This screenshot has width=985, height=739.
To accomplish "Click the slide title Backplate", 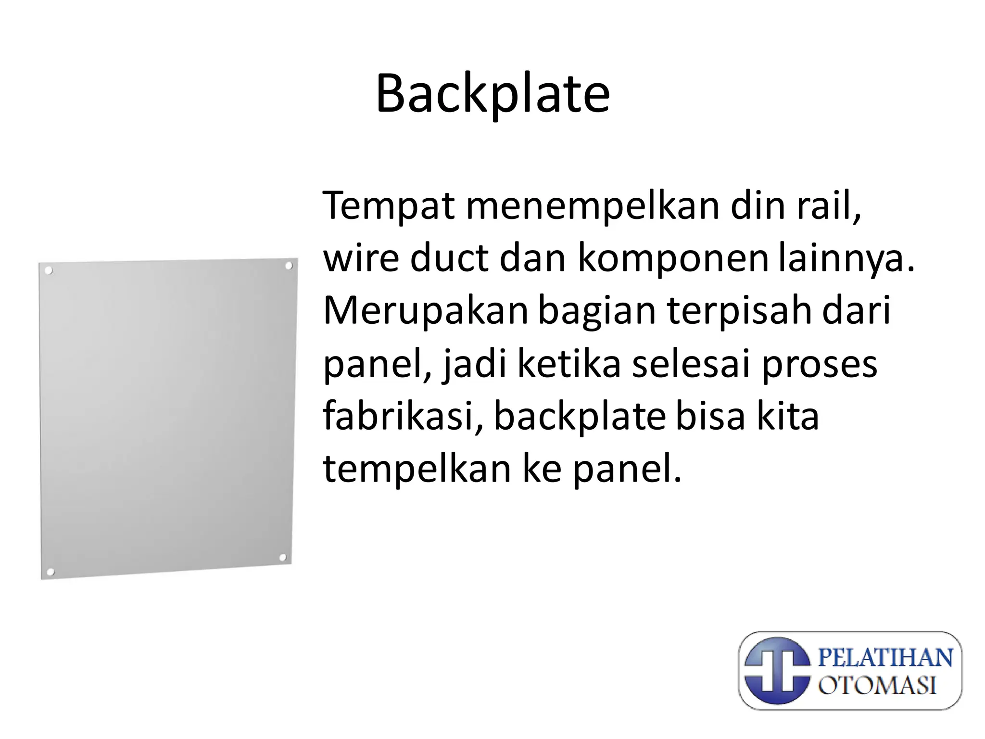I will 492,94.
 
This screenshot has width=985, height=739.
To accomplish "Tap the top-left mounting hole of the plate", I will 48,271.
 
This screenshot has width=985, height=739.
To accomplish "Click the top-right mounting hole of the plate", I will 289,266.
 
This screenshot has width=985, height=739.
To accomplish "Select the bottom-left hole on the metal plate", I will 50,572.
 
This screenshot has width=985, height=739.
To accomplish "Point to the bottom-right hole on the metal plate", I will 283,558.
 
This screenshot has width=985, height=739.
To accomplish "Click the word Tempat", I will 389,206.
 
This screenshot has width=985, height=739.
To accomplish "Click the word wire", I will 361,258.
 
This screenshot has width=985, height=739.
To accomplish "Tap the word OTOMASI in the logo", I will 877,685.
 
